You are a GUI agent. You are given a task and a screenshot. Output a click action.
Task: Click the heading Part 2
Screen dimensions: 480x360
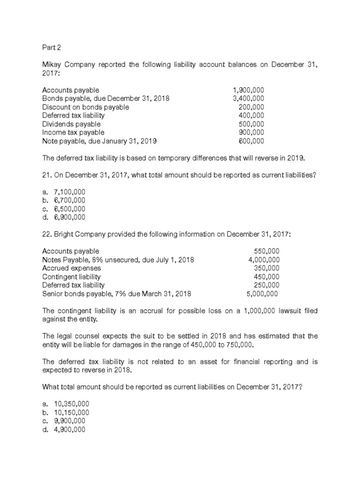(x=52, y=47)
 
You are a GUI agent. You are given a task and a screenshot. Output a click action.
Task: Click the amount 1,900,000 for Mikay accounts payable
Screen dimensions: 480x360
(x=248, y=90)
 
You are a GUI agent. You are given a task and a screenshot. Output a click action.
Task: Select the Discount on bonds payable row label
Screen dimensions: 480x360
(x=85, y=107)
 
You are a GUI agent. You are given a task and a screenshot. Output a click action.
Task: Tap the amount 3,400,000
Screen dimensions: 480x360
(x=248, y=98)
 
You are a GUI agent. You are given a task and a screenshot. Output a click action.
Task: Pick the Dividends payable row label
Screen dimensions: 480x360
(x=71, y=124)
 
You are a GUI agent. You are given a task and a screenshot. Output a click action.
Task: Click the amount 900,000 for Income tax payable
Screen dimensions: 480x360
(x=251, y=132)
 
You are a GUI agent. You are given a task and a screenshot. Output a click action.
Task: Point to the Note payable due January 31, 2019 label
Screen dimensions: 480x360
(x=99, y=141)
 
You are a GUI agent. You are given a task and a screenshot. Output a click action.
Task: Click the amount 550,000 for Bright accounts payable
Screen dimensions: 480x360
(x=266, y=251)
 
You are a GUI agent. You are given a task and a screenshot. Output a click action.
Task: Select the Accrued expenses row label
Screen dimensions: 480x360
(x=71, y=268)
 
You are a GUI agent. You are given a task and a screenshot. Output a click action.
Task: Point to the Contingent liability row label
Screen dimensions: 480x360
(x=71, y=277)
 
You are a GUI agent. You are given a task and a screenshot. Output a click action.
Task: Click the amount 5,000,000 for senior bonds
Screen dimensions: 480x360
(x=262, y=294)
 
